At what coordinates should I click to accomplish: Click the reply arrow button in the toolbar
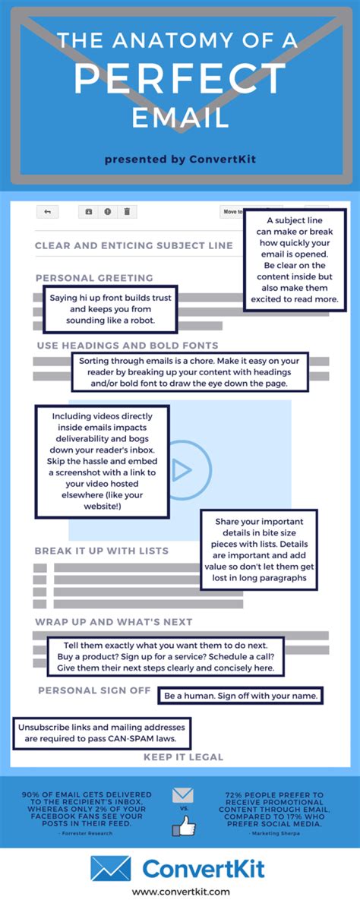(x=47, y=212)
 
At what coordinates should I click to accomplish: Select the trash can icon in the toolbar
(x=127, y=212)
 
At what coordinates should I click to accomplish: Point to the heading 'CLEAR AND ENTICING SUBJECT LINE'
(x=134, y=245)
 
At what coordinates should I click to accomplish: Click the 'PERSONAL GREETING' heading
(x=94, y=278)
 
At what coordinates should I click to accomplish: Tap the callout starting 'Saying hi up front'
(x=111, y=309)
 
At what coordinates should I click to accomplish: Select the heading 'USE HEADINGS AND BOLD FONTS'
(x=127, y=346)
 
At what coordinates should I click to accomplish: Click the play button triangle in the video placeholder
(x=181, y=471)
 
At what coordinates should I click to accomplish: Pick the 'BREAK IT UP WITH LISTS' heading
(x=101, y=551)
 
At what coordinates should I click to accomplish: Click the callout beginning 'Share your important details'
(x=259, y=550)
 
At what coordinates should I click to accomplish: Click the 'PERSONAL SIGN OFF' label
(x=94, y=690)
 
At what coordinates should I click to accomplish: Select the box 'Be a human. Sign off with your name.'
(x=241, y=695)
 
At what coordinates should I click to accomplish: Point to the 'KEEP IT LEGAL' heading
(x=183, y=756)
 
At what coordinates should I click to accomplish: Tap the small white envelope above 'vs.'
(x=183, y=796)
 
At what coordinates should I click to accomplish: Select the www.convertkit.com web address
(x=180, y=891)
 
